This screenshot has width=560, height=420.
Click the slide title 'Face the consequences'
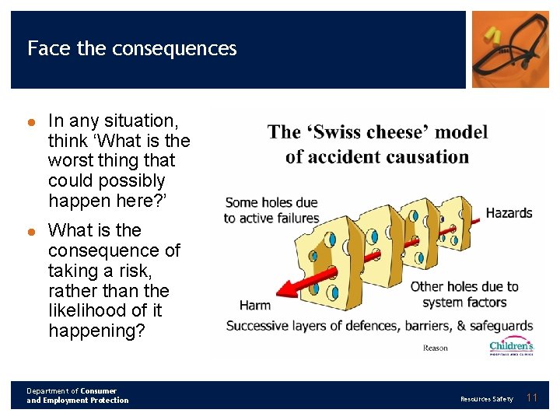pyautogui.click(x=131, y=48)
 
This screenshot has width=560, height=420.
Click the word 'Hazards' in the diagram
pyautogui.click(x=509, y=212)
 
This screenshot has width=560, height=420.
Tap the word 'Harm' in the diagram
pyautogui.click(x=255, y=305)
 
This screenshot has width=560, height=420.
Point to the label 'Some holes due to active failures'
pyautogui.click(x=271, y=210)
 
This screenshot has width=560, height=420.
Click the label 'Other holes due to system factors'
pyautogui.click(x=464, y=294)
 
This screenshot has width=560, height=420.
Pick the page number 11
pyautogui.click(x=532, y=398)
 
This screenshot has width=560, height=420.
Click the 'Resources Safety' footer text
pyautogui.click(x=487, y=399)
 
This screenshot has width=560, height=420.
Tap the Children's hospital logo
pyautogui.click(x=511, y=346)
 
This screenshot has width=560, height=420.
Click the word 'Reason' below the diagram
pyautogui.click(x=436, y=348)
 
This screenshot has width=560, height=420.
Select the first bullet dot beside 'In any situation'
pyautogui.click(x=32, y=121)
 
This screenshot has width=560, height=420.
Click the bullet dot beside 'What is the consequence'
pyautogui.click(x=32, y=231)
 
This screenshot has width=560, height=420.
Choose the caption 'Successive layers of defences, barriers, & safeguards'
pyautogui.click(x=380, y=325)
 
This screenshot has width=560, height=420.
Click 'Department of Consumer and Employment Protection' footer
pyautogui.click(x=77, y=396)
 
